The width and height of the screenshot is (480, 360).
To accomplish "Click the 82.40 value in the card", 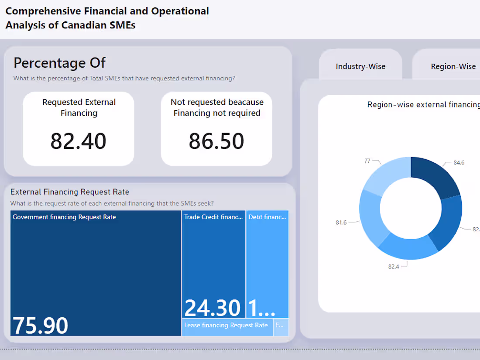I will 79,141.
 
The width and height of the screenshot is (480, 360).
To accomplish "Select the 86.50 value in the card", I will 216,141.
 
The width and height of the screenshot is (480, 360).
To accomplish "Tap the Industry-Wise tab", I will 360,66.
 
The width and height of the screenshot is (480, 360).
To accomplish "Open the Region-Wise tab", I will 453,66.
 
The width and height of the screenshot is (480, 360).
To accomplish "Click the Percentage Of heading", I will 60,63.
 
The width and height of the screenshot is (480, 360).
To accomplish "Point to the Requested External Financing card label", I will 79,107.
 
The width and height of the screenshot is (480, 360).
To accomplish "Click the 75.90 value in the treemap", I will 41,326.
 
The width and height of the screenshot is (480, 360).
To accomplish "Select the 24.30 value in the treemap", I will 213,308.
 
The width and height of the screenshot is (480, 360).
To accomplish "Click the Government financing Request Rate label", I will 64,217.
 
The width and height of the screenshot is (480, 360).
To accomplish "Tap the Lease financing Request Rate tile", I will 226,326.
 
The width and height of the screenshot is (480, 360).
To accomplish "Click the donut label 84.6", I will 459,162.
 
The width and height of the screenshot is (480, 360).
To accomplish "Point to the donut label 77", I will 367,161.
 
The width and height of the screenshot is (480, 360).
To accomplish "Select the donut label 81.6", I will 341,223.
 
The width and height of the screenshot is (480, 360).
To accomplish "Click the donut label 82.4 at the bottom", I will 394,266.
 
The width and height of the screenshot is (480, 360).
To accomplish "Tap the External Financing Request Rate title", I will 70,192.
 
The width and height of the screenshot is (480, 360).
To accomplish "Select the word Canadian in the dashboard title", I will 82,25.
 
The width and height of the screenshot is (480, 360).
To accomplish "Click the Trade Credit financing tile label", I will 213,217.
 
